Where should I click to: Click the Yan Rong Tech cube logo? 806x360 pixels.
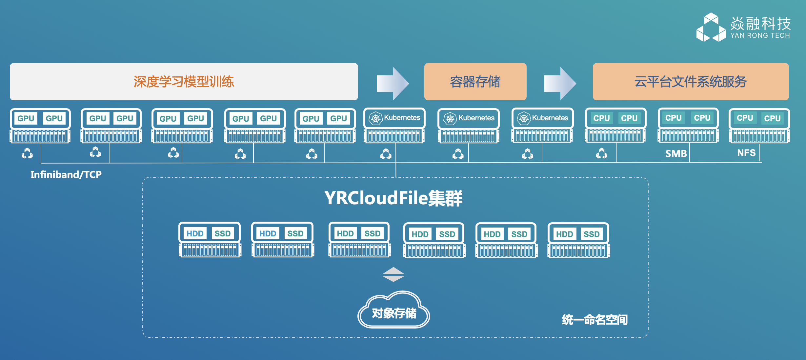click(711, 28)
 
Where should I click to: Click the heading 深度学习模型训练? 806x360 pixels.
click(184, 82)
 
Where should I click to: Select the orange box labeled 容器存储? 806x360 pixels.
click(475, 82)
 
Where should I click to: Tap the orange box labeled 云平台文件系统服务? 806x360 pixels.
click(691, 82)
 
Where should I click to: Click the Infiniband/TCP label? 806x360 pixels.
click(66, 174)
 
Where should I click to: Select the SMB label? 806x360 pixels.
click(676, 153)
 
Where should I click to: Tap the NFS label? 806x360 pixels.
click(746, 153)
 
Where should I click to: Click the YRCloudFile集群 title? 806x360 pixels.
click(393, 198)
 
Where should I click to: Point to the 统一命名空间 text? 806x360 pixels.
click(594, 319)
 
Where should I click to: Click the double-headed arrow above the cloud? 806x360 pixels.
click(393, 274)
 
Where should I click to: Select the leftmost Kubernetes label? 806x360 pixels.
click(402, 118)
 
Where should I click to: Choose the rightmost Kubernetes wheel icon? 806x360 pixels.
click(524, 118)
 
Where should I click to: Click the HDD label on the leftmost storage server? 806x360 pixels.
click(195, 233)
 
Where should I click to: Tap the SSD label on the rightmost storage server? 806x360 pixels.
click(591, 234)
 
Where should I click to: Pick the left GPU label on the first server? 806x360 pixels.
click(26, 118)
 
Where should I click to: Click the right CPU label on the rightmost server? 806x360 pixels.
click(772, 118)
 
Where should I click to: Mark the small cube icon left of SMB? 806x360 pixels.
click(601, 153)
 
